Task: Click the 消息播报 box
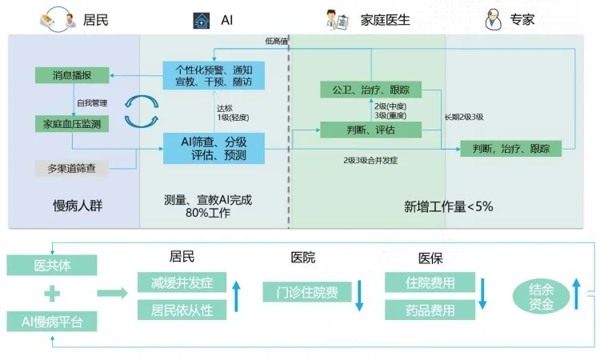[71, 75]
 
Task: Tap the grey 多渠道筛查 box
[71, 169]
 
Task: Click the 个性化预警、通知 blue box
[214, 76]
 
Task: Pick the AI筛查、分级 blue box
[214, 148]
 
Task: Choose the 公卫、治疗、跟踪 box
[370, 90]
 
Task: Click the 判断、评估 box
[370, 129]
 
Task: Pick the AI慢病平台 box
[52, 322]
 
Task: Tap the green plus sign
[52, 293]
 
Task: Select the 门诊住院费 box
[305, 292]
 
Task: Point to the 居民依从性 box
[182, 310]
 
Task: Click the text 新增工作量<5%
[449, 206]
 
